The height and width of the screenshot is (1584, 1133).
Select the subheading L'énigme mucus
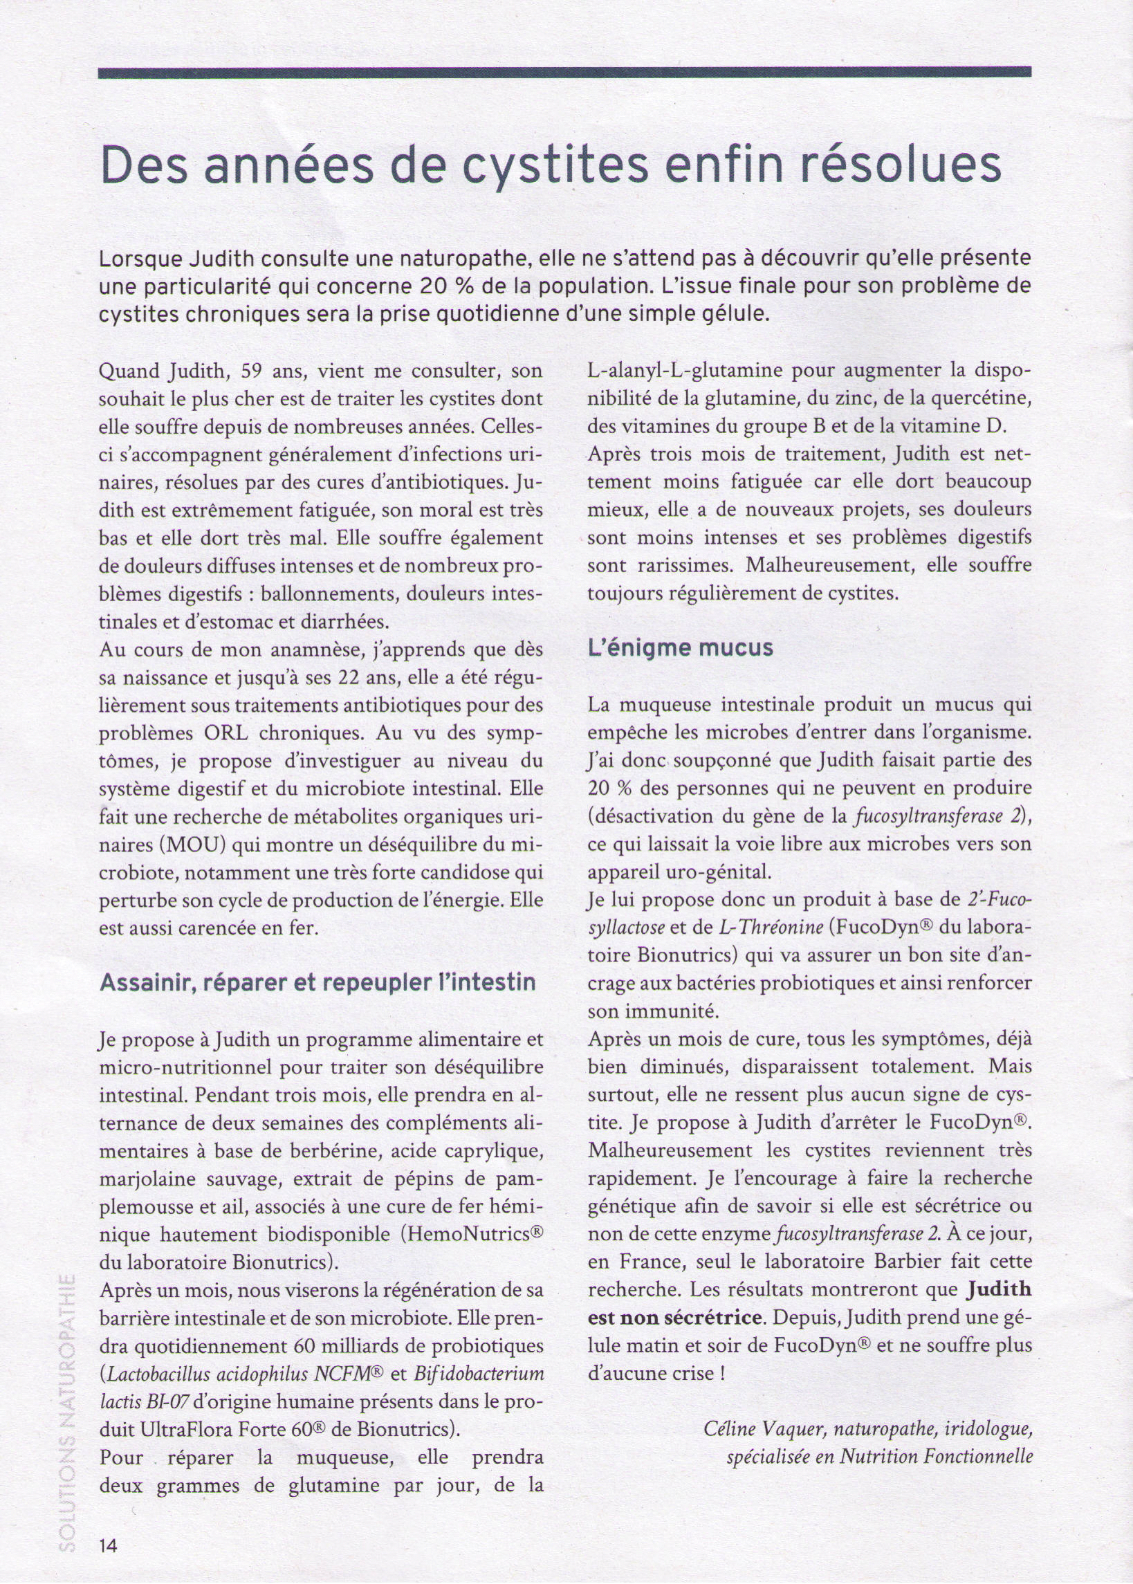coord(680,648)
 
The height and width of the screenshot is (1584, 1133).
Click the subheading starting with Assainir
coord(317,983)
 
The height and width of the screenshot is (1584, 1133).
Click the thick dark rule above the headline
coord(564,72)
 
